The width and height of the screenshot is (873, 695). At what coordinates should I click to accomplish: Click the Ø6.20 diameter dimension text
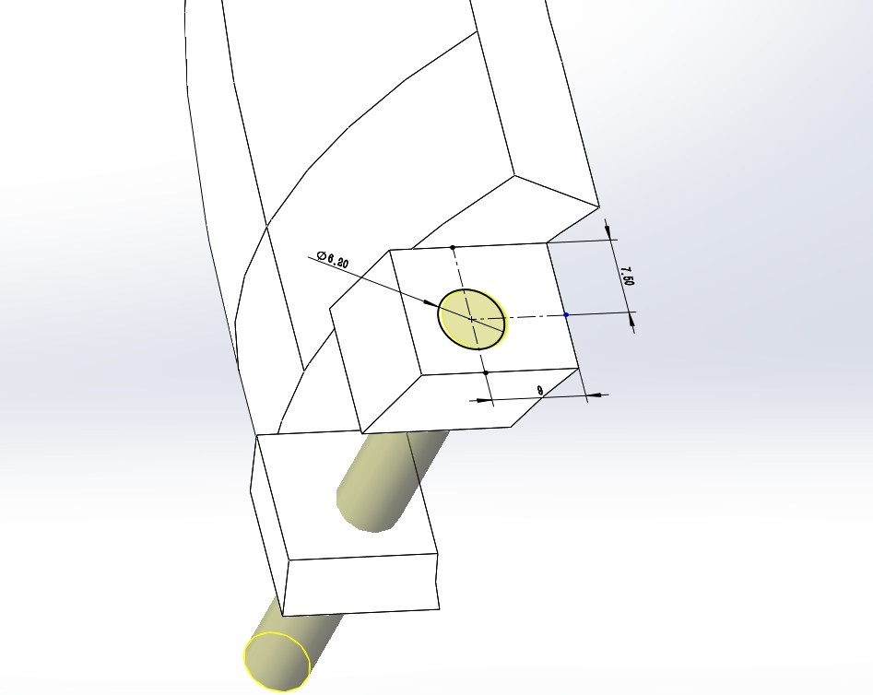point(333,259)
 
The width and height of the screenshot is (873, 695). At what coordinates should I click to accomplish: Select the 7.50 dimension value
point(627,276)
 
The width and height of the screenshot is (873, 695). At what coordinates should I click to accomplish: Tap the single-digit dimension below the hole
point(540,391)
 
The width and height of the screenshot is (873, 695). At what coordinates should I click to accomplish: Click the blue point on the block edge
point(566,315)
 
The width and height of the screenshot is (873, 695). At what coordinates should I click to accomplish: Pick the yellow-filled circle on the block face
point(473,320)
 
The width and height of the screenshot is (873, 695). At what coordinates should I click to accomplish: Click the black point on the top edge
point(453,247)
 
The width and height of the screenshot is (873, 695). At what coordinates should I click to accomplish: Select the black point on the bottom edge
point(486,372)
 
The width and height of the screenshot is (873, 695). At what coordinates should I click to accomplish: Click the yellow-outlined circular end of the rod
point(277,662)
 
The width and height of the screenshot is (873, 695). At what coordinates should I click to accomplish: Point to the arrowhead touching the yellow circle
point(431,303)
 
